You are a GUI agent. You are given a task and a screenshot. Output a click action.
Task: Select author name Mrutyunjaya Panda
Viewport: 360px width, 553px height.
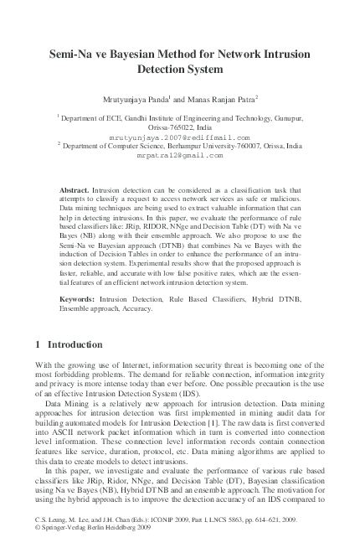point(141,99)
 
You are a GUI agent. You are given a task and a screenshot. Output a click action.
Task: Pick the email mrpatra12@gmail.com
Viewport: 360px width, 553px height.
point(179,155)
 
